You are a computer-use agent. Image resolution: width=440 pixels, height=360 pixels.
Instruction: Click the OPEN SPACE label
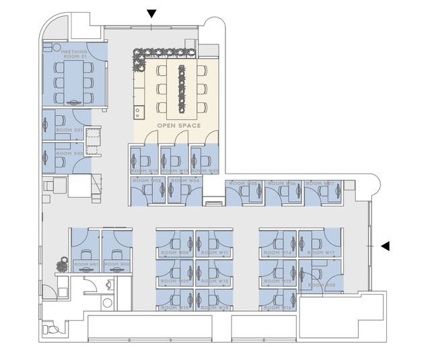tap(175, 126)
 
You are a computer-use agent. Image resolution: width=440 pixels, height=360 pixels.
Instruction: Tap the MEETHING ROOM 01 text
tap(75, 54)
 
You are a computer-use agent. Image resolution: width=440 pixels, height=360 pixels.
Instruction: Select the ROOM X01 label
tap(69, 130)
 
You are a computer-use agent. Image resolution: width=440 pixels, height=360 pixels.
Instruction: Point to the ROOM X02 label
tap(69, 153)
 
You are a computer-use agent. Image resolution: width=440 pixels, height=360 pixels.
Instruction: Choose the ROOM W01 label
tap(86, 264)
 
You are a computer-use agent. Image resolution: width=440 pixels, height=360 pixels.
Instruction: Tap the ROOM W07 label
tap(320, 183)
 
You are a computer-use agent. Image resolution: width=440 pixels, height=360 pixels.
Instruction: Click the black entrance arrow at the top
tap(152, 13)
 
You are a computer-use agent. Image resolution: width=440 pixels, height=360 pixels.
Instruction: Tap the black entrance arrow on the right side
tap(385, 246)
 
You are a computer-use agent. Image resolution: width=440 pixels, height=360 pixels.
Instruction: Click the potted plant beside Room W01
tap(61, 260)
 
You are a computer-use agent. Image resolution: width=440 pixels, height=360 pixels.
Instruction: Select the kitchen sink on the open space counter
tap(139, 110)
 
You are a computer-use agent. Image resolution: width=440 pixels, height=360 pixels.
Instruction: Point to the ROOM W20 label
tap(205, 171)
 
